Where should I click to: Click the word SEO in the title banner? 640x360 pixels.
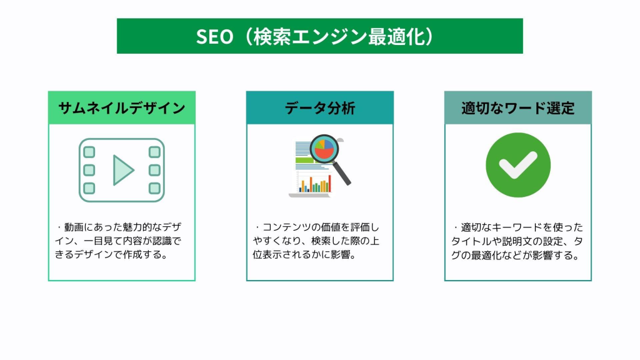pyautogui.click(x=214, y=36)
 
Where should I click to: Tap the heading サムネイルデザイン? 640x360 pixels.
pyautogui.click(x=122, y=108)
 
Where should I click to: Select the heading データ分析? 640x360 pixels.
pyautogui.click(x=319, y=108)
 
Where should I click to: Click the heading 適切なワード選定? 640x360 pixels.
pyautogui.click(x=518, y=108)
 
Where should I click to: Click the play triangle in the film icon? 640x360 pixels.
pyautogui.click(x=122, y=170)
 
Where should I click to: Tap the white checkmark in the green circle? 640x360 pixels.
pyautogui.click(x=518, y=165)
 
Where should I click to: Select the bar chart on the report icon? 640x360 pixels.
pyautogui.click(x=315, y=184)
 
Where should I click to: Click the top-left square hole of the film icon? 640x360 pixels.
pyautogui.click(x=89, y=152)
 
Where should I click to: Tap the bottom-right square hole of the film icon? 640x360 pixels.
pyautogui.click(x=154, y=188)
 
